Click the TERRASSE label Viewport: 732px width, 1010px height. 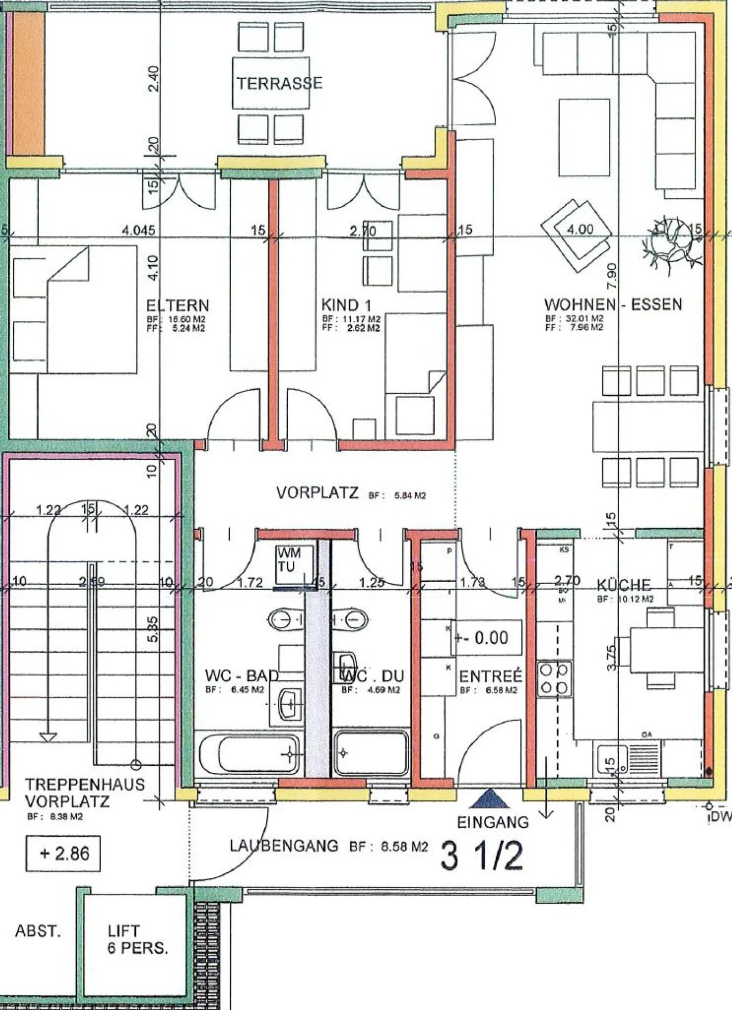coord(279,83)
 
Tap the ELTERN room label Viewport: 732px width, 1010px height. coord(177,305)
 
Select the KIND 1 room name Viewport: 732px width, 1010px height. coord(346,305)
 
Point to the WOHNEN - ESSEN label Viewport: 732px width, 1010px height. coord(613,304)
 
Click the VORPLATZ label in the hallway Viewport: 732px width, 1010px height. coord(317,493)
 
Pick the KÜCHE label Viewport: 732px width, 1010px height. coord(624,585)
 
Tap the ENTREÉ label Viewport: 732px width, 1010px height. coord(491,676)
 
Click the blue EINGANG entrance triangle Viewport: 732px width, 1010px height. coord(490,799)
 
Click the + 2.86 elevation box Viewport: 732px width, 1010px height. coord(63,854)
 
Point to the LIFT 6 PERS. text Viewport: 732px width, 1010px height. coord(137,939)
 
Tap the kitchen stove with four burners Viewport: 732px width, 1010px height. coord(554,679)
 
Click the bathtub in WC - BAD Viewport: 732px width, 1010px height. coord(249,754)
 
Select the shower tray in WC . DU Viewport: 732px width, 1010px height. coord(371,753)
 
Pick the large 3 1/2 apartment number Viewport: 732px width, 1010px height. coord(481,856)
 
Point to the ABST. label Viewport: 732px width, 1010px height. coord(38,931)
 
